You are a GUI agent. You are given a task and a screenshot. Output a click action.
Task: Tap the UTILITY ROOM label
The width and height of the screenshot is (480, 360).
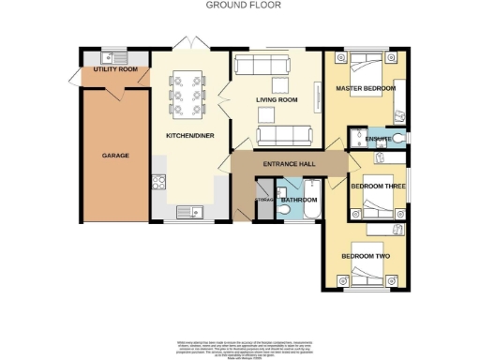[x=115, y=70]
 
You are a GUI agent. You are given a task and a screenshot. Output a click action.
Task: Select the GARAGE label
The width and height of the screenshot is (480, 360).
[x=115, y=155]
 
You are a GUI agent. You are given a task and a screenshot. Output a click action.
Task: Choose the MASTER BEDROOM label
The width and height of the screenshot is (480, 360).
[x=365, y=89]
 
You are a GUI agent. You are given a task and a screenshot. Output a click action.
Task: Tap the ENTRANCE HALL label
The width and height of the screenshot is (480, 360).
[x=286, y=163]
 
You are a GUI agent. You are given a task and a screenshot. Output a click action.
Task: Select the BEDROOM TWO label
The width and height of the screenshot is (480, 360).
[x=365, y=256]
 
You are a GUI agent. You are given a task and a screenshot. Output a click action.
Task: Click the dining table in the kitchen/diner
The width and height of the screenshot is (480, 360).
[x=186, y=92]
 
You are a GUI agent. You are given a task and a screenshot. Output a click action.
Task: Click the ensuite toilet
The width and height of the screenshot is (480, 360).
[x=400, y=139]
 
